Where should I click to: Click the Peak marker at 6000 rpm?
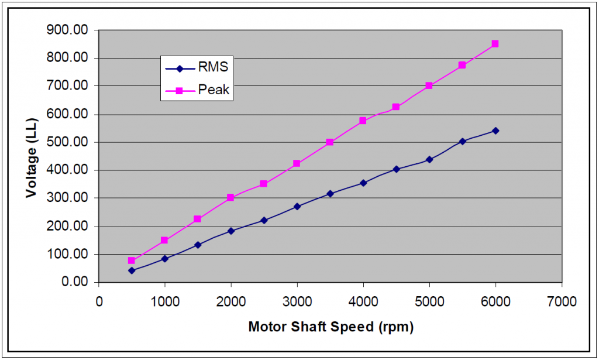(x=495, y=44)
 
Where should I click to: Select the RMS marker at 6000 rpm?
(x=495, y=131)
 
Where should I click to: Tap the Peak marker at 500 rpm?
(x=132, y=260)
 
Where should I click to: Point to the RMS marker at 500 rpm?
(x=132, y=270)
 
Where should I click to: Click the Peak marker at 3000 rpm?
(x=297, y=163)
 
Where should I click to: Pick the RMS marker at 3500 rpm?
(x=330, y=193)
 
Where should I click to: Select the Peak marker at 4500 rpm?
(x=396, y=107)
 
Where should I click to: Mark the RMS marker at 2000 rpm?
(x=231, y=231)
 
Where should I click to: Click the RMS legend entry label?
(x=213, y=67)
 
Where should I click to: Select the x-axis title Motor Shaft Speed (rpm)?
(x=331, y=327)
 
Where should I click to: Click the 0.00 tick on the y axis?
(x=75, y=282)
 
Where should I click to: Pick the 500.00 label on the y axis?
(x=71, y=142)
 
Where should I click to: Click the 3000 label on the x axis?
(x=297, y=302)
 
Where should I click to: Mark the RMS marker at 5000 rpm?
(x=429, y=159)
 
